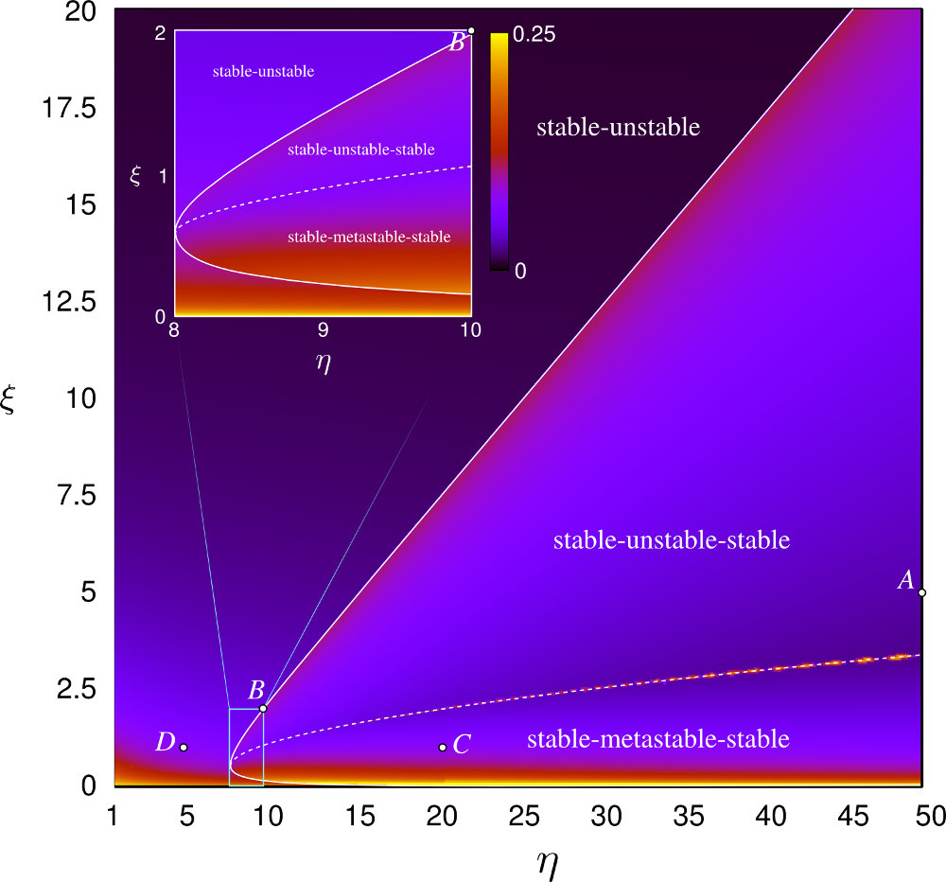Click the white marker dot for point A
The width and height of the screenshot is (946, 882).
coord(921,592)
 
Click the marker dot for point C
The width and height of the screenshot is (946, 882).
coord(443,748)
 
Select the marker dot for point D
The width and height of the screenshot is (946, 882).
coord(184,748)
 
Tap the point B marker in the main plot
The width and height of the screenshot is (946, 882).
coord(263,708)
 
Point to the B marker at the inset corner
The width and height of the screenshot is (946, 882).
coord(471,30)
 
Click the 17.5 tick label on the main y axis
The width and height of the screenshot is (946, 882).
coord(63,109)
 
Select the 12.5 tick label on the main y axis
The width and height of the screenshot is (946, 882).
coord(63,302)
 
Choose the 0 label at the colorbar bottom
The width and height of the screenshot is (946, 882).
coord(518,271)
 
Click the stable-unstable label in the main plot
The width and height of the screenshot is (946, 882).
coord(618,128)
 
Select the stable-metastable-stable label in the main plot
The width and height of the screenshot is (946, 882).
coord(657,739)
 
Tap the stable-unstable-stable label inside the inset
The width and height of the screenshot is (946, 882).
coord(360,150)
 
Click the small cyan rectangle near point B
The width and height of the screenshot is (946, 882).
coord(246,747)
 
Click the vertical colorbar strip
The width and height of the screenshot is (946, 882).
coord(499,150)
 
